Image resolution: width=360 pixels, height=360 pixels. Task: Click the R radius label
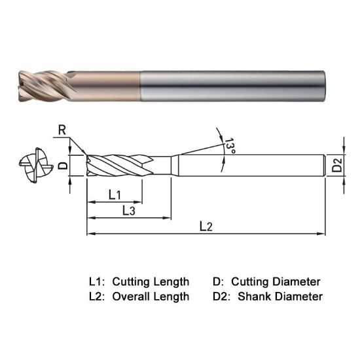coord(62,130)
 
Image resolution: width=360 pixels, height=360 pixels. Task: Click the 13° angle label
coord(229,145)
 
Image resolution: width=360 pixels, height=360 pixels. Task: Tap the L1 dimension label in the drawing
coord(115,194)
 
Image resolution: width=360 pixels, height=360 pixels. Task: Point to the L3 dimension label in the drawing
coord(128,210)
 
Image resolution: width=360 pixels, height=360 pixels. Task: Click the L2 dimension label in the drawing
coord(206,226)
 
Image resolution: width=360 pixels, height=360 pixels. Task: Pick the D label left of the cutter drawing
coord(63,165)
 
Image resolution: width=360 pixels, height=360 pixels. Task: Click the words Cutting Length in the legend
coord(151,281)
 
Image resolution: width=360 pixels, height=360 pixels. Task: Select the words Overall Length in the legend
coord(151,297)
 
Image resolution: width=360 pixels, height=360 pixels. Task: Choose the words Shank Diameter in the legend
coord(280,297)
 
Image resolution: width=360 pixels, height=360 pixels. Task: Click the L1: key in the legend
coord(97,281)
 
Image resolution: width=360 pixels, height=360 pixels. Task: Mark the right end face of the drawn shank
coord(325,165)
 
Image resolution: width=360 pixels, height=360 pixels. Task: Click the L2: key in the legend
coord(97,297)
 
